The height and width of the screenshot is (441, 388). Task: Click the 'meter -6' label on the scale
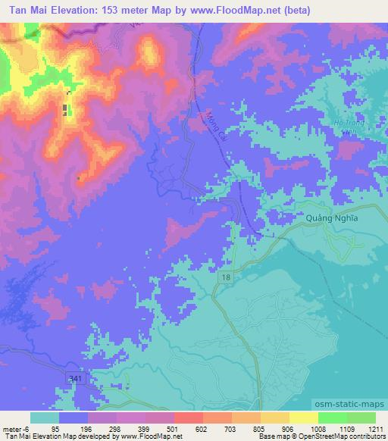[x=14, y=429]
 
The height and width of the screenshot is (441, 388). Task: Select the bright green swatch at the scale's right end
[x=361, y=418]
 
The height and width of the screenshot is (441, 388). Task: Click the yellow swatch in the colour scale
[x=303, y=418]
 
